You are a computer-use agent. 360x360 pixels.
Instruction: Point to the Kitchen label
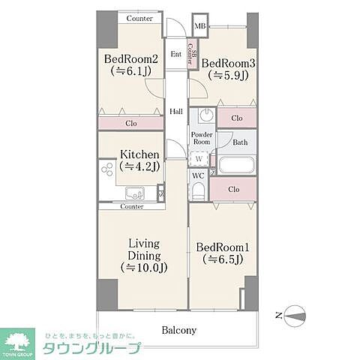pos(139,156)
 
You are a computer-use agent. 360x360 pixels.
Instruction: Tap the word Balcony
pos(178,330)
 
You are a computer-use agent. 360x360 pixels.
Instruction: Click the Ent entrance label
pos(175,54)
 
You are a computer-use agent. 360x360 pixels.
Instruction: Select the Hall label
pos(176,112)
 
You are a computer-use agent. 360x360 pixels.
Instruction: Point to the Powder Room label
pos(201,137)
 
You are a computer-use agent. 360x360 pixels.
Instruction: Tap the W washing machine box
pos(199,158)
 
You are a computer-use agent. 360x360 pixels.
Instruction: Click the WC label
pos(198,175)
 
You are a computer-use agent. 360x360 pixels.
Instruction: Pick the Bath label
pos(240,142)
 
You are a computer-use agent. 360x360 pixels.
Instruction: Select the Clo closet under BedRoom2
pos(130,123)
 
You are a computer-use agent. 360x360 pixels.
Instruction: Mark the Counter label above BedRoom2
pos(139,18)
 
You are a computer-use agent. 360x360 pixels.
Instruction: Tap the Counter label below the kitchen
pos(131,206)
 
